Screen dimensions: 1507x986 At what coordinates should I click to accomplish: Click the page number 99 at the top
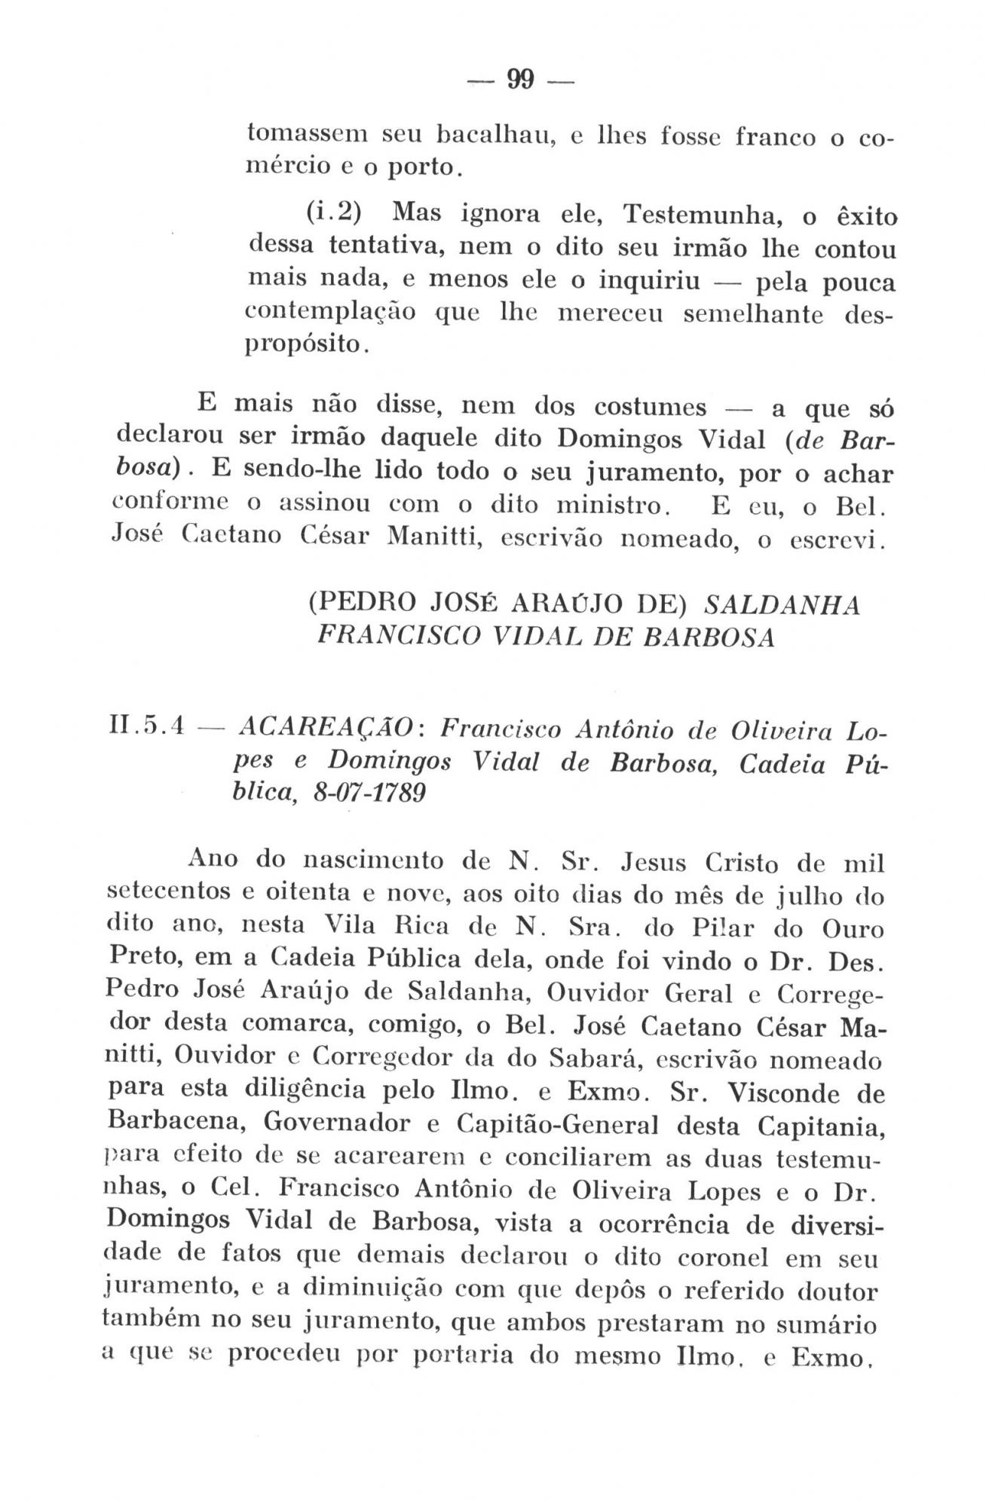click(519, 78)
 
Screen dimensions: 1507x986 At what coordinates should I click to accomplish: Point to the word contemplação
click(332, 313)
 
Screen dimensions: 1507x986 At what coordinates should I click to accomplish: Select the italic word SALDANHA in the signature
click(782, 605)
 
